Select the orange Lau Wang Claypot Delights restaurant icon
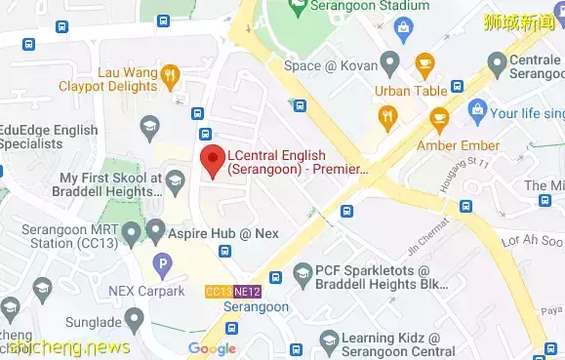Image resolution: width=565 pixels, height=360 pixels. tap(172, 74)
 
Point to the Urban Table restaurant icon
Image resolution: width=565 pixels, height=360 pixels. tap(389, 116)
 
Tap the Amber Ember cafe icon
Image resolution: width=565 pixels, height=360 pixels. tap(438, 121)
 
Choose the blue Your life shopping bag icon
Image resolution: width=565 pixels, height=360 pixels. tap(476, 109)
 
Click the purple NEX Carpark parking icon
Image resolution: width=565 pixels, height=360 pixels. tap(162, 263)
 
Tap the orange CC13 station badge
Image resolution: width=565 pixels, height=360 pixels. tap(219, 292)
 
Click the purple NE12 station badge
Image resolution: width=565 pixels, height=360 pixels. tap(247, 292)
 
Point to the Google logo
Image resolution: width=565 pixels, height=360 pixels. tap(212, 348)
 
